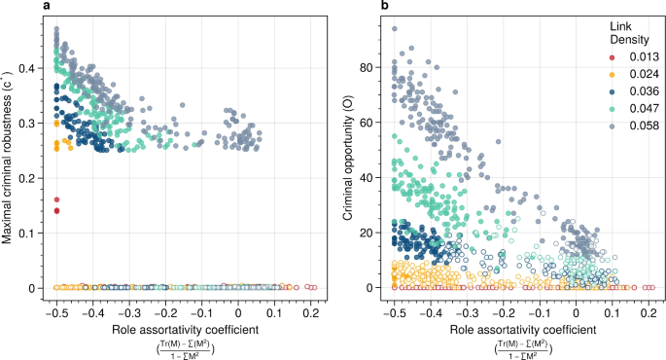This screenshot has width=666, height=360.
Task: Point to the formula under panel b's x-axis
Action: coord(521,342)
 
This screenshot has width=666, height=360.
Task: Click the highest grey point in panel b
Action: coord(395,29)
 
